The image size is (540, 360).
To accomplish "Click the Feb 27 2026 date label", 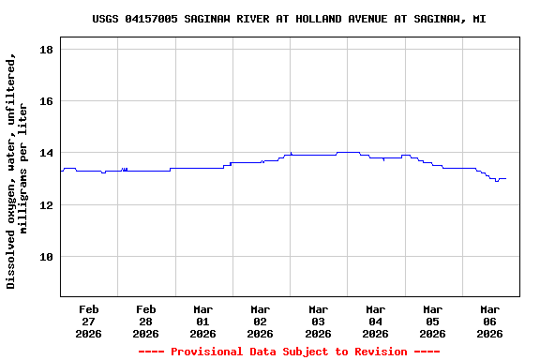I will point(89,321).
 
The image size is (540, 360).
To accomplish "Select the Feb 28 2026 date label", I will point(146,321).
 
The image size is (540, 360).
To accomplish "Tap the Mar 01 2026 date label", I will point(203,321).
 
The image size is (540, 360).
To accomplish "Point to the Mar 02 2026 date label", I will point(261,321).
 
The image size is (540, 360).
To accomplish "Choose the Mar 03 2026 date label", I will point(318,321).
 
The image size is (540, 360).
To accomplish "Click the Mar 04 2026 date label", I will point(375,321).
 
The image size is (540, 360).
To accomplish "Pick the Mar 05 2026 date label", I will point(432,321).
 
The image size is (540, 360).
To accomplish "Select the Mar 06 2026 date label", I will point(489,321).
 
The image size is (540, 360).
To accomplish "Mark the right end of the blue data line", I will point(506,178).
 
